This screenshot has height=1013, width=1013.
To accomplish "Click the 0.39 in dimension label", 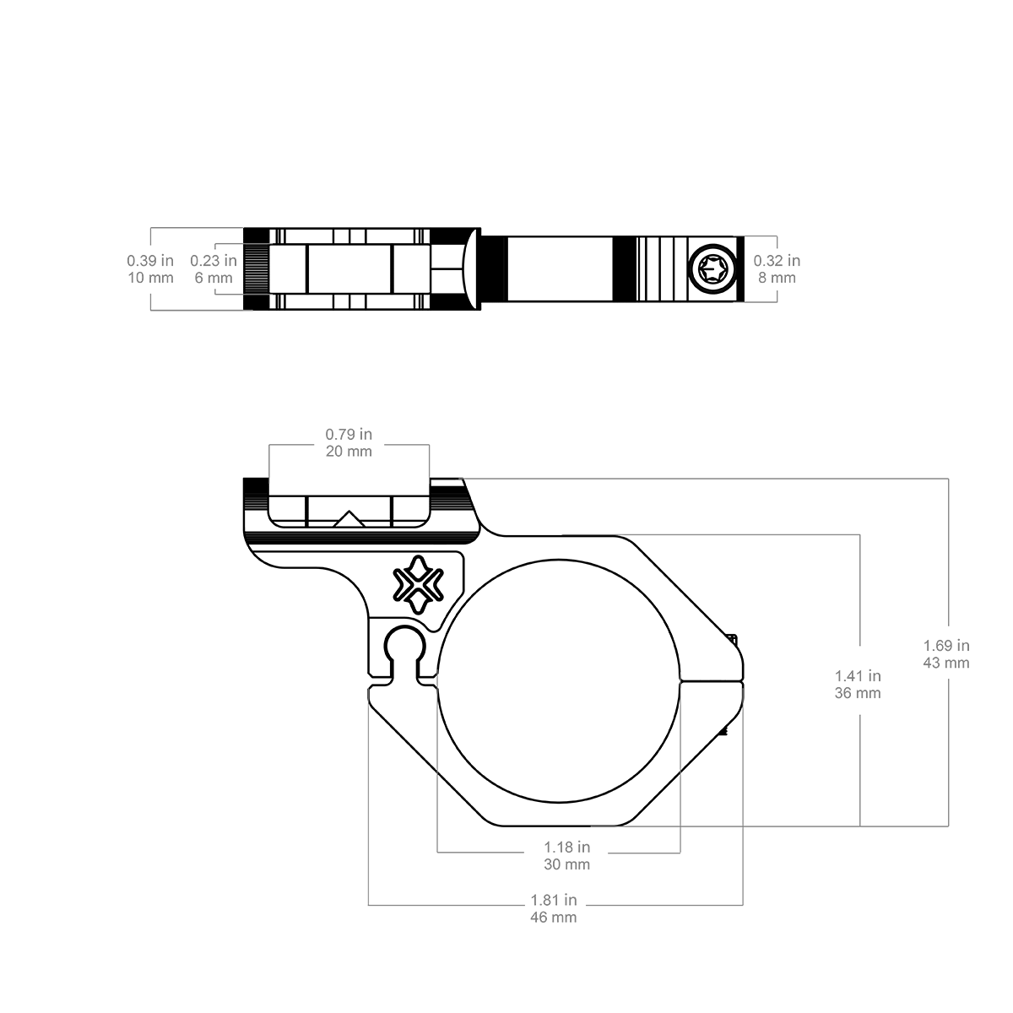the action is click(x=149, y=260).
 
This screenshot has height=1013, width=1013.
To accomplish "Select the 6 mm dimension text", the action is click(x=214, y=278).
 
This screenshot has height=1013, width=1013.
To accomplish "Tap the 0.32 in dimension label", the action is click(x=777, y=260).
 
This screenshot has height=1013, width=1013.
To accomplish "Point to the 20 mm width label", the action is click(x=349, y=451).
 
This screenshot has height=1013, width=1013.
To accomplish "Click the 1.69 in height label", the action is click(x=946, y=645).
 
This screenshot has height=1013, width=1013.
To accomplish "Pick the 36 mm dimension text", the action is click(x=858, y=693).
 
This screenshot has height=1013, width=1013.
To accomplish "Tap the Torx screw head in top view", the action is click(x=713, y=269).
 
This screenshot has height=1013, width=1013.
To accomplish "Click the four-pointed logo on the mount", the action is click(x=419, y=584).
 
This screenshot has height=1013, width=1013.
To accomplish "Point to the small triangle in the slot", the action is click(x=349, y=518).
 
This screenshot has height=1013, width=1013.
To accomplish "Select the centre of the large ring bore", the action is click(x=558, y=680).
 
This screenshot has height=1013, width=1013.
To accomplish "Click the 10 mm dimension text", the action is click(x=150, y=278).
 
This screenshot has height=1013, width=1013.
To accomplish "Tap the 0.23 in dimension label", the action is click(x=214, y=260).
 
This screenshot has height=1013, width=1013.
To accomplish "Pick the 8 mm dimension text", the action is click(x=777, y=278).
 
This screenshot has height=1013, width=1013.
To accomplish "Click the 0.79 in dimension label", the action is click(x=349, y=434).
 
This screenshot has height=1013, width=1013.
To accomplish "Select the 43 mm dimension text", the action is click(x=946, y=663).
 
